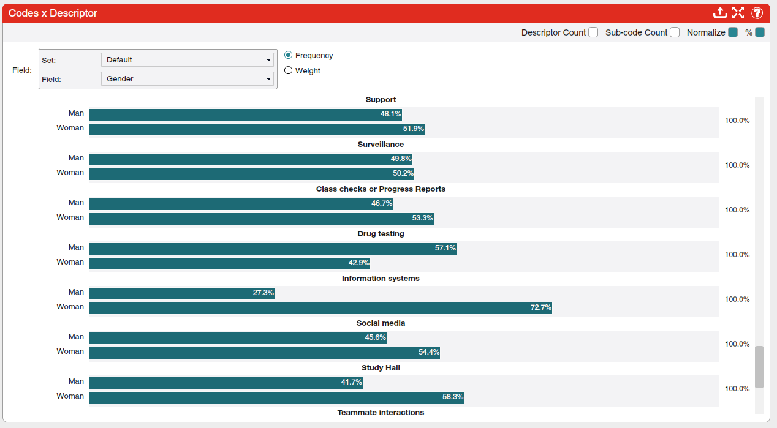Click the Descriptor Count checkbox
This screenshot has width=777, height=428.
(x=593, y=32)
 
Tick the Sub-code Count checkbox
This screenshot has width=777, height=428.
(x=675, y=32)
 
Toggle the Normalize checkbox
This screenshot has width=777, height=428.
(x=732, y=32)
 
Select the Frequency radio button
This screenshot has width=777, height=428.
(x=289, y=55)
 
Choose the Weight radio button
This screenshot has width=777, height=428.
(x=289, y=70)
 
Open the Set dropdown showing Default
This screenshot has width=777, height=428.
(x=187, y=60)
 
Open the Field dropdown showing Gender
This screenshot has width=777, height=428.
(x=187, y=79)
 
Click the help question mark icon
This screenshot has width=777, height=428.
(x=757, y=13)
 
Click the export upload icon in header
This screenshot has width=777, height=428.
(x=720, y=13)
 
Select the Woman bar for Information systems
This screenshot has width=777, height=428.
(x=320, y=308)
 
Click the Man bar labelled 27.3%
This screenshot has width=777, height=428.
(x=181, y=293)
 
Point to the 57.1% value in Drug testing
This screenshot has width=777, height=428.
(x=445, y=249)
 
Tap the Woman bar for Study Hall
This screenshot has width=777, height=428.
(x=276, y=397)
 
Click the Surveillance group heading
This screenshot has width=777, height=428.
(x=381, y=145)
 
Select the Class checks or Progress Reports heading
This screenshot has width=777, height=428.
(x=381, y=189)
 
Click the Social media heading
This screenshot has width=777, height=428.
(x=381, y=323)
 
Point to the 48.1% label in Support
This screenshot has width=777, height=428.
(x=390, y=115)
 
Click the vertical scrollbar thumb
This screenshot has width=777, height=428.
(x=759, y=367)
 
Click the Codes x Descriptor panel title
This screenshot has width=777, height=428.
(x=53, y=13)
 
